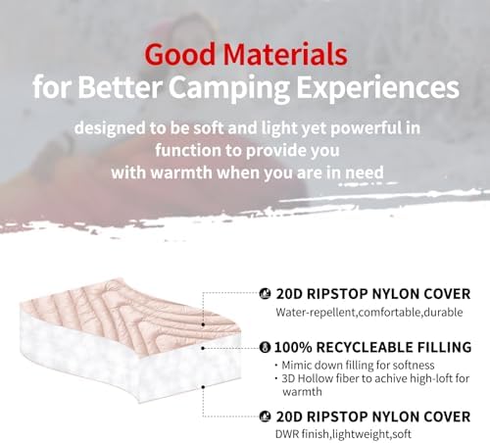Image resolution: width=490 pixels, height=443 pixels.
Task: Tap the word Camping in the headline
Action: click(x=228, y=89)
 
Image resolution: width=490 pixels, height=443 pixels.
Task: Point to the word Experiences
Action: click(x=377, y=88)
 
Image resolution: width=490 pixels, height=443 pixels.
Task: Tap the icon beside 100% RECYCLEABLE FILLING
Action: click(x=265, y=347)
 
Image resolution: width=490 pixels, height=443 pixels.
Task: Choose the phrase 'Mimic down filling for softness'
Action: click(x=358, y=365)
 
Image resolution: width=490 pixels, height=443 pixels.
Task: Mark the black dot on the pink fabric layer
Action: click(x=203, y=324)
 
